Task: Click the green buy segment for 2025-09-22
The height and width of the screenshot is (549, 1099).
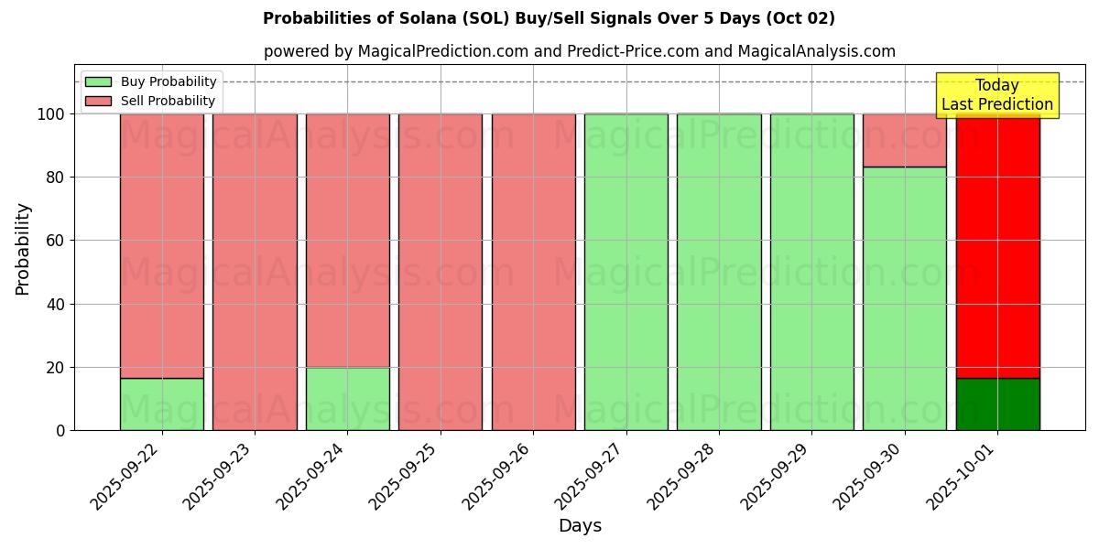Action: point(162,404)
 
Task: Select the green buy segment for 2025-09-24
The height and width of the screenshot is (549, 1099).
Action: point(348,399)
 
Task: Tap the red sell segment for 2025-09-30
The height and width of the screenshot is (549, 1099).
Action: point(905,140)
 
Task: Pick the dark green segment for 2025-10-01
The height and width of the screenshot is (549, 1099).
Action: point(997,404)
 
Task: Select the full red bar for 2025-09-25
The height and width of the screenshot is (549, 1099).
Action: point(441,272)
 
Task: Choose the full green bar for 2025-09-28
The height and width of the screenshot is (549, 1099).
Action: point(719,272)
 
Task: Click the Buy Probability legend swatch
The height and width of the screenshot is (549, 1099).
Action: point(98,81)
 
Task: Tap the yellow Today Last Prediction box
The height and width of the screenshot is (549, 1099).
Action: point(997,95)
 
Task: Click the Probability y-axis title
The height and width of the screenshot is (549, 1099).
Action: point(23,249)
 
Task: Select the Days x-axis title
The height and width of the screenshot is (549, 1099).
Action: point(580,526)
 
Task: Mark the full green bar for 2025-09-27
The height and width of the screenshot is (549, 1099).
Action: point(626,272)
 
